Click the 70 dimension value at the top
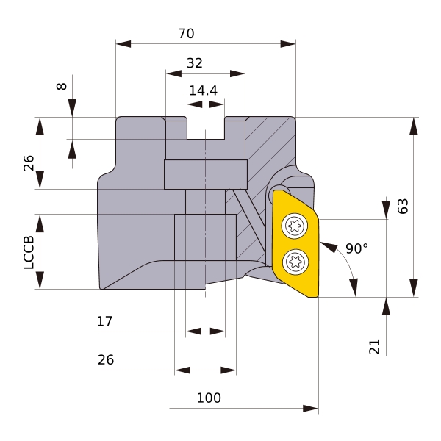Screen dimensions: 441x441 186,34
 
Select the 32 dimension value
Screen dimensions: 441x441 194,63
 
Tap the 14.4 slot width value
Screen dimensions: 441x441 203,90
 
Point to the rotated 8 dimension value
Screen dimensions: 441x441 62,86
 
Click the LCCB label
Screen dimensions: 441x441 29,252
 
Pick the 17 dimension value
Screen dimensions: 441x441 104,321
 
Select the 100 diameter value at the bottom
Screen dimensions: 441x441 209,398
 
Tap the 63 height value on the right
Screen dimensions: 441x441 402,207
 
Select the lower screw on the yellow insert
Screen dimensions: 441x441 296,259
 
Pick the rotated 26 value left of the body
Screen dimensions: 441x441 29,163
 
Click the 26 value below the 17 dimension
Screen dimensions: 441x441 105,360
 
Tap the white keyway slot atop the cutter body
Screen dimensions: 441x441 205,128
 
